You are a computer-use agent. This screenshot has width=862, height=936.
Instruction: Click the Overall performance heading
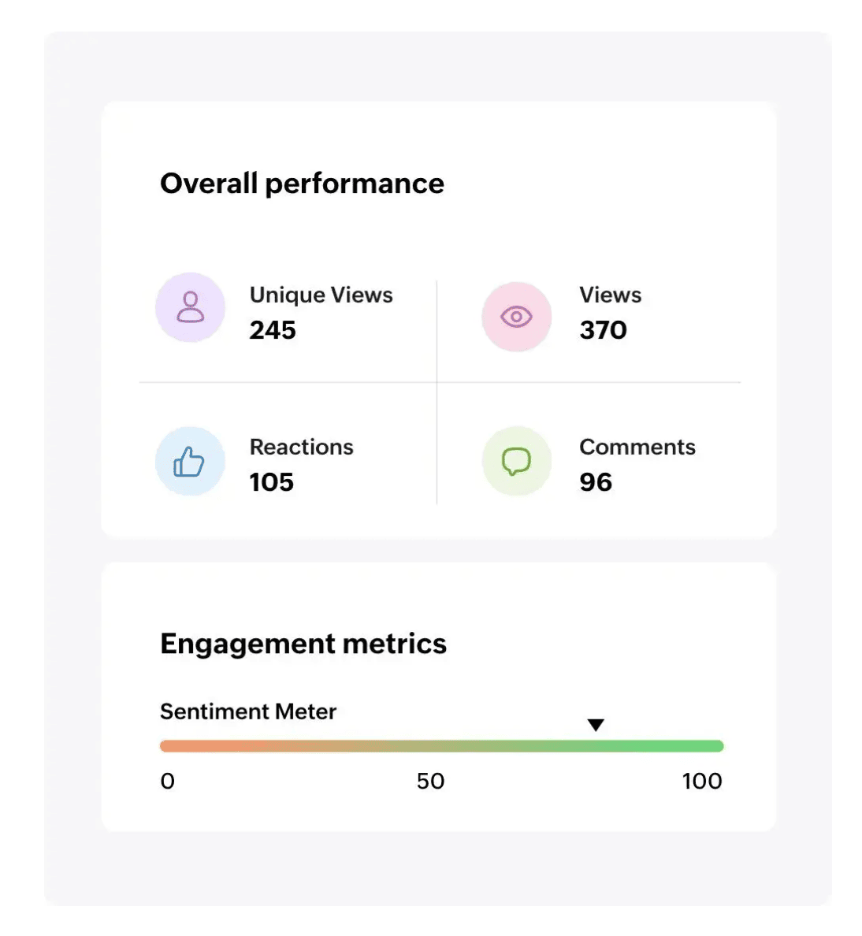point(302,184)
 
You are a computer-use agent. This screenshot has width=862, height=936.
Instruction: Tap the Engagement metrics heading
point(303,644)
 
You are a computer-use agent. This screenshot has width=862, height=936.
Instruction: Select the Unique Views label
point(321,295)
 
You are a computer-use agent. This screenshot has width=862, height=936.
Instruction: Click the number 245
point(273,330)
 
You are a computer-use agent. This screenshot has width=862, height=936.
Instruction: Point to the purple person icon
point(190,307)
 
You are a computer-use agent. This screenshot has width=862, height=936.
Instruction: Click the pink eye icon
point(516,317)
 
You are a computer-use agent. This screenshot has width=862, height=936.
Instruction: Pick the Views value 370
point(603,330)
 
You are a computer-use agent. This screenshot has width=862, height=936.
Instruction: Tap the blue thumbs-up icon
point(189,462)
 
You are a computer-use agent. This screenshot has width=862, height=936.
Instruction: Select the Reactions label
point(301,447)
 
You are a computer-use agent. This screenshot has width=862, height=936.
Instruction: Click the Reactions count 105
point(271,482)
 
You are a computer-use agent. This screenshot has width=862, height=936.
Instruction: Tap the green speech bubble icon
point(516,462)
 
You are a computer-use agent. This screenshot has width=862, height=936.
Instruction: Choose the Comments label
point(637,447)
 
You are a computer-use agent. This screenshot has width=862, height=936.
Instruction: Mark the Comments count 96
point(595,482)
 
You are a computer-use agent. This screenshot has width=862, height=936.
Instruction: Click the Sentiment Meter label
point(247,711)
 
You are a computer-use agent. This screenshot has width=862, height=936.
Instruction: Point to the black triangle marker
point(596,725)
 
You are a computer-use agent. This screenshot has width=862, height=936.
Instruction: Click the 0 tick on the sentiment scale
point(167,781)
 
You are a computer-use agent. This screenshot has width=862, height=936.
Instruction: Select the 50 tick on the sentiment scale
point(430,781)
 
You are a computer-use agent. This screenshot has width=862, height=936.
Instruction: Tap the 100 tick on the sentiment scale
point(701,781)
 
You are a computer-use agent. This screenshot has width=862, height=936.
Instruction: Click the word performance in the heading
point(355,184)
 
